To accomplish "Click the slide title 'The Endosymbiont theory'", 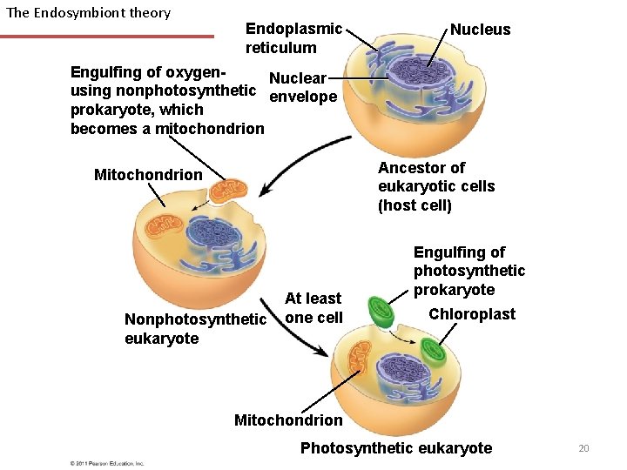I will click(x=88, y=13).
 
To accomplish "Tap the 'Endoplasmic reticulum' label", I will click(x=293, y=38).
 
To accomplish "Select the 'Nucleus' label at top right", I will click(x=480, y=30).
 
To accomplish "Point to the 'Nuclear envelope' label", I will click(x=302, y=87).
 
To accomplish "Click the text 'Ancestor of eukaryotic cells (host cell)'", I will click(x=435, y=186).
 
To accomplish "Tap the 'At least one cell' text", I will click(x=313, y=308).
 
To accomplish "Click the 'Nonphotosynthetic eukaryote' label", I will click(x=195, y=329).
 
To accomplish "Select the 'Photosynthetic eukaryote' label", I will click(x=395, y=448).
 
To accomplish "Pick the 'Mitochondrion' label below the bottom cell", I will click(x=288, y=420).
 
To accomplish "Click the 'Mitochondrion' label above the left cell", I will click(x=148, y=175).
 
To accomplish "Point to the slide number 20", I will click(x=583, y=448).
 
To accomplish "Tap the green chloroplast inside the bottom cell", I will click(x=433, y=350).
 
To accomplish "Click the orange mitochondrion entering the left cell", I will click(x=228, y=190).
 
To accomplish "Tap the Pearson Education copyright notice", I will click(x=106, y=463).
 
